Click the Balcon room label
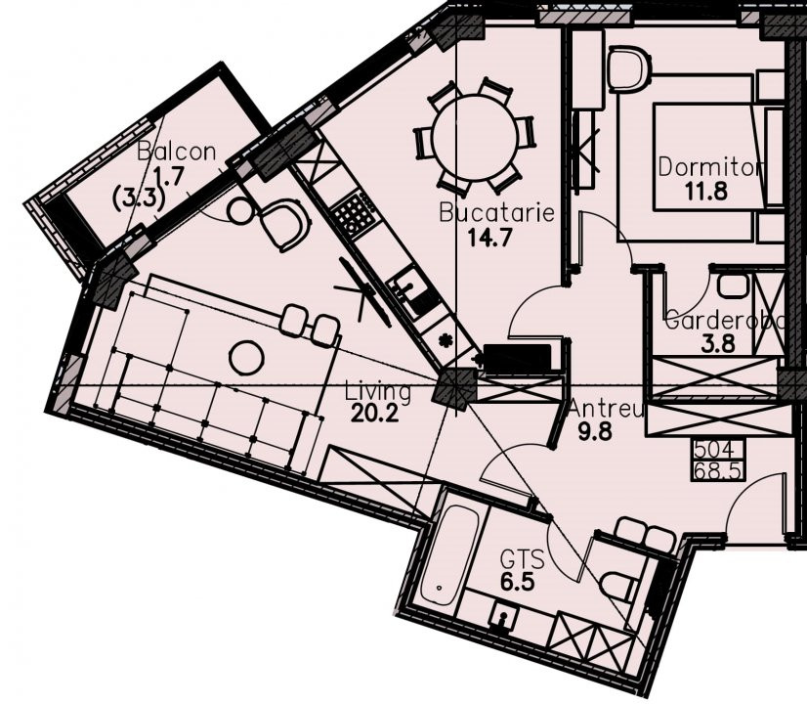pos(177,152)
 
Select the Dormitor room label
pos(710,167)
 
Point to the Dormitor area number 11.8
pos(706,192)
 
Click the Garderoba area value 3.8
pos(717,343)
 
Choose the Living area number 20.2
pos(375,414)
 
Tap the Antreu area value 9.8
pos(595,432)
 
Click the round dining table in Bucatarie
pos(475,138)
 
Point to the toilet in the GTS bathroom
pos(617,585)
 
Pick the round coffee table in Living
pos(246,358)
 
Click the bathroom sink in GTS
pos(502,616)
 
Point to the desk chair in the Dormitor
pos(629,68)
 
